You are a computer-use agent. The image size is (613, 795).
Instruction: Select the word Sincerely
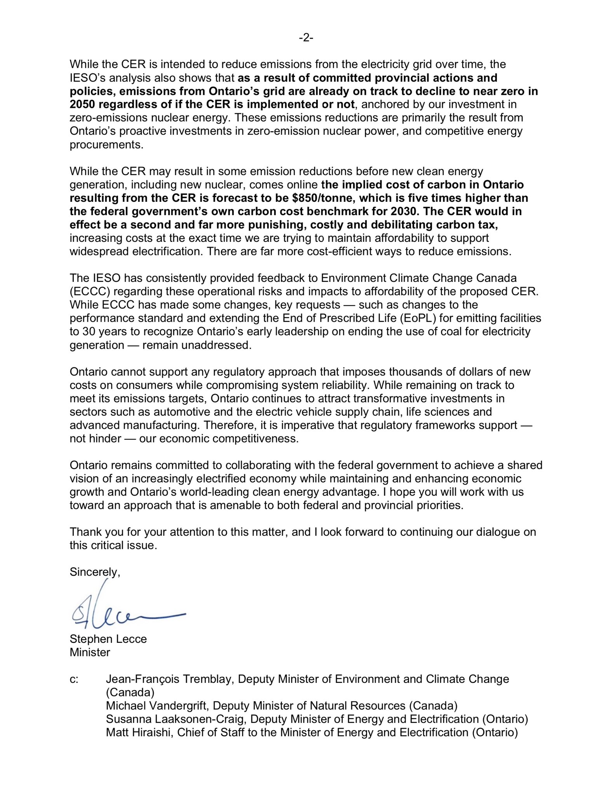tap(94, 572)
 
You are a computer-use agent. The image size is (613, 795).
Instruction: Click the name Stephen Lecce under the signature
tap(108, 639)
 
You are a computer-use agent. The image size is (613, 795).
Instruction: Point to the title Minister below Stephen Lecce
tap(90, 652)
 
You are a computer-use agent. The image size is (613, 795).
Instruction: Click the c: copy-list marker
tap(74, 679)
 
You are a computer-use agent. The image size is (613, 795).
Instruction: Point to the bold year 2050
tap(82, 104)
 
